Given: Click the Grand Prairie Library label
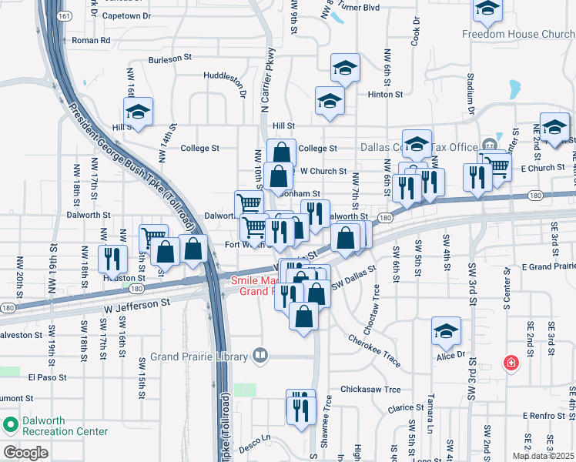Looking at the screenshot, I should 199,356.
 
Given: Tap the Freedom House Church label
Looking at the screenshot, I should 518,34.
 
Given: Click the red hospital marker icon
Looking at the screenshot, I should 509,363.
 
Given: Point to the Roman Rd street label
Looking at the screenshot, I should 91,40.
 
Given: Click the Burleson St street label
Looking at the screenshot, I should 171,58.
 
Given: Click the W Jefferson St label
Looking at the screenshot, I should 136,304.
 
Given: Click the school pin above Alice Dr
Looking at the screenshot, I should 446,332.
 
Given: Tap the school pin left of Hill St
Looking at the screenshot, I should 139,112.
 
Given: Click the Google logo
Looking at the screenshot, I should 25,452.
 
